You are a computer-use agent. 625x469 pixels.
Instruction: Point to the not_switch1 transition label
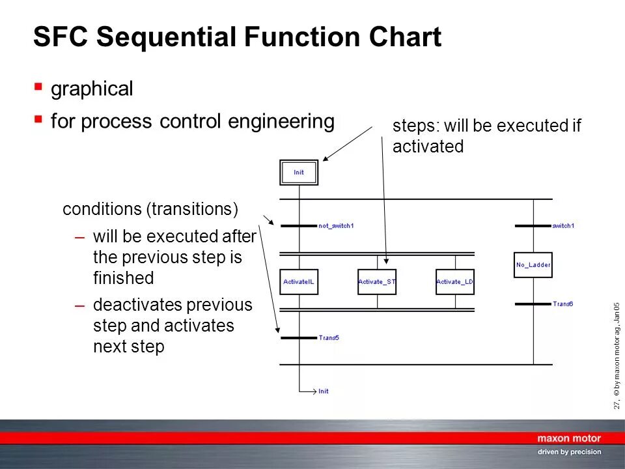pyautogui.click(x=336, y=226)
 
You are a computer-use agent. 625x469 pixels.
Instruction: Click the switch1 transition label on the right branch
pyautogui.click(x=564, y=226)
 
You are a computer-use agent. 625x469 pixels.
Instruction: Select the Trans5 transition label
pyautogui.click(x=329, y=338)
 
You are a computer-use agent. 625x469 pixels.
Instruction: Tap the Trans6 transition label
pyautogui.click(x=562, y=304)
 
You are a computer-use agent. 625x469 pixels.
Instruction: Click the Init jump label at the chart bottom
pyautogui.click(x=324, y=391)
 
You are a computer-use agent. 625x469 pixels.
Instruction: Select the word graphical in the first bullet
pyautogui.click(x=92, y=89)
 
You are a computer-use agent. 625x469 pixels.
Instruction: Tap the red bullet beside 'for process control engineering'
pyautogui.click(x=38, y=119)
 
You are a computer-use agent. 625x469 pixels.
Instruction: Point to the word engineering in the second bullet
pyautogui.click(x=281, y=121)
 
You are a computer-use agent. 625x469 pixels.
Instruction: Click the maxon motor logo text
pyautogui.click(x=569, y=438)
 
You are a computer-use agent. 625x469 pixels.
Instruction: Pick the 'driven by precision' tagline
pyautogui.click(x=569, y=452)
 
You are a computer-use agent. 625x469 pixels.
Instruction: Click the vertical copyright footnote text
pyautogui.click(x=617, y=356)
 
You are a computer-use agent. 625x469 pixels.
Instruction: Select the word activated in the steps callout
pyautogui.click(x=428, y=147)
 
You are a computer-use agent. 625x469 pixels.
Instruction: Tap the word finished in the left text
pyautogui.click(x=124, y=277)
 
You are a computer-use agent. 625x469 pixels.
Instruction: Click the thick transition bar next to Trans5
pyautogui.click(x=299, y=338)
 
